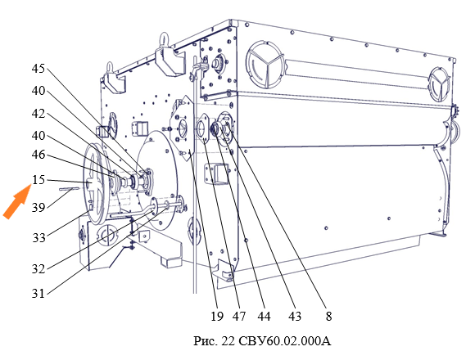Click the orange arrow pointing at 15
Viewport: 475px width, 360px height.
pos(16,201)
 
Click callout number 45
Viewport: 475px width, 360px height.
pos(38,69)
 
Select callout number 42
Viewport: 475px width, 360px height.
pos(38,114)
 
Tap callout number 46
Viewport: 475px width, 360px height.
pos(38,155)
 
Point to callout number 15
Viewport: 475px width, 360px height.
pos(38,180)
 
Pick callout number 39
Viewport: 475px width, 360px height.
pos(38,208)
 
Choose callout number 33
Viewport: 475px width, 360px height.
pos(39,238)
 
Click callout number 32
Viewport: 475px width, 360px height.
pos(38,268)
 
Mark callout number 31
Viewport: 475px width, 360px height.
pos(38,294)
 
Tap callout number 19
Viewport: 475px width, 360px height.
pos(217,317)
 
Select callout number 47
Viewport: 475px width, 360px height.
pos(239,317)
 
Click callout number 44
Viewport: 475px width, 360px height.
pos(265,317)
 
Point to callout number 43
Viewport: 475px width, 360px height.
pos(295,317)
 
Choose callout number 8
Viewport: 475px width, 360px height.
pos(328,317)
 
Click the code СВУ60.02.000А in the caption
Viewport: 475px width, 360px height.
pos(285,341)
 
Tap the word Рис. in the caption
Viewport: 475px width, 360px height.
pos(206,341)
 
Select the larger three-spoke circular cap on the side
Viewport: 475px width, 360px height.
pos(265,65)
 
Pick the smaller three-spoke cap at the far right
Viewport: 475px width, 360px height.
pos(439,83)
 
